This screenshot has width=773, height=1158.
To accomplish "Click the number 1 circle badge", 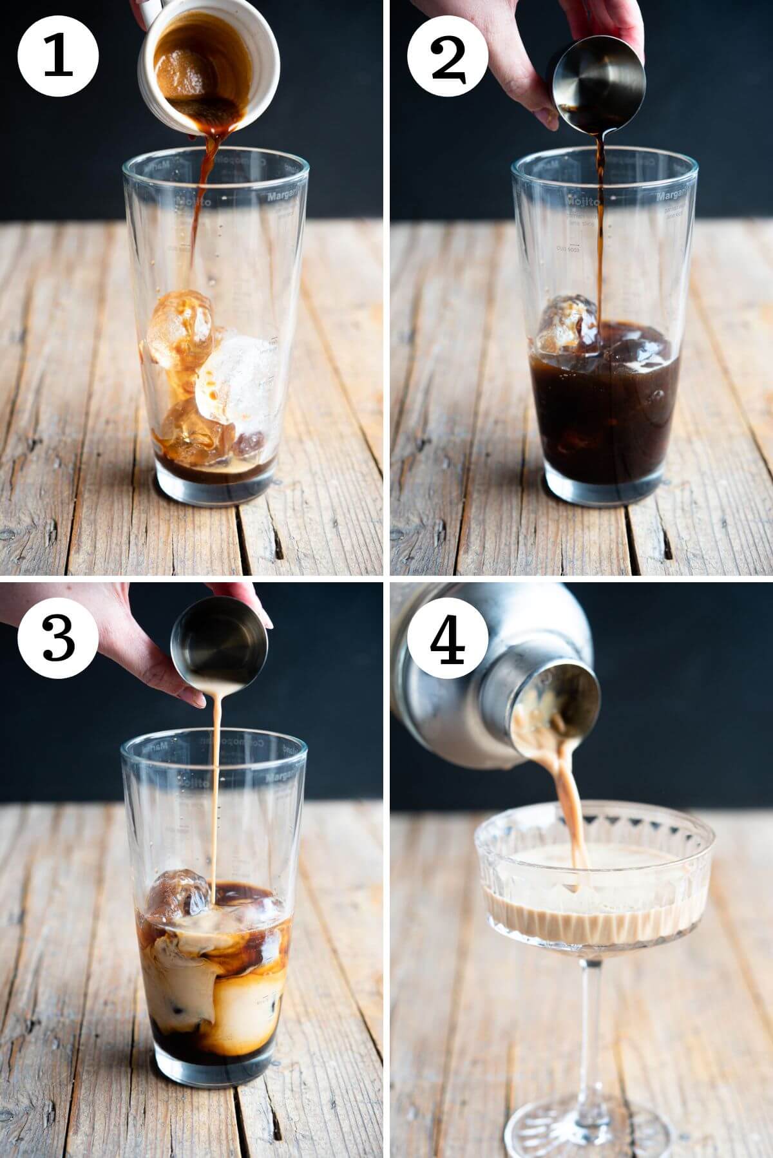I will coord(59,57).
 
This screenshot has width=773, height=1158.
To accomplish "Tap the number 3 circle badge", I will coord(59,636).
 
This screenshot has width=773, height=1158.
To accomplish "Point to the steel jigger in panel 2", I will coord(599,84).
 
